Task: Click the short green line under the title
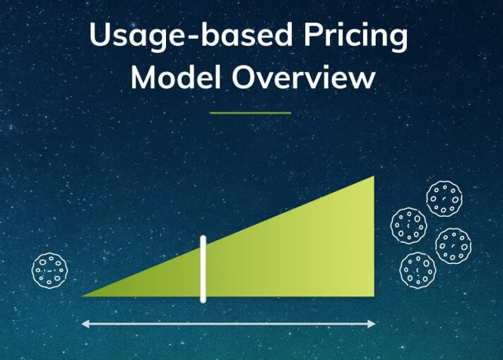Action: click(251, 112)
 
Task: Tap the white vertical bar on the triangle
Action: click(203, 269)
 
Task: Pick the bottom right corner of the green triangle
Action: click(372, 294)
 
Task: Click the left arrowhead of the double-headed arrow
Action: click(85, 324)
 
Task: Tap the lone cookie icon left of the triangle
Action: click(50, 270)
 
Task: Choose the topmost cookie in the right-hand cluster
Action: click(444, 198)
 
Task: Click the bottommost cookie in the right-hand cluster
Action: click(418, 270)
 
